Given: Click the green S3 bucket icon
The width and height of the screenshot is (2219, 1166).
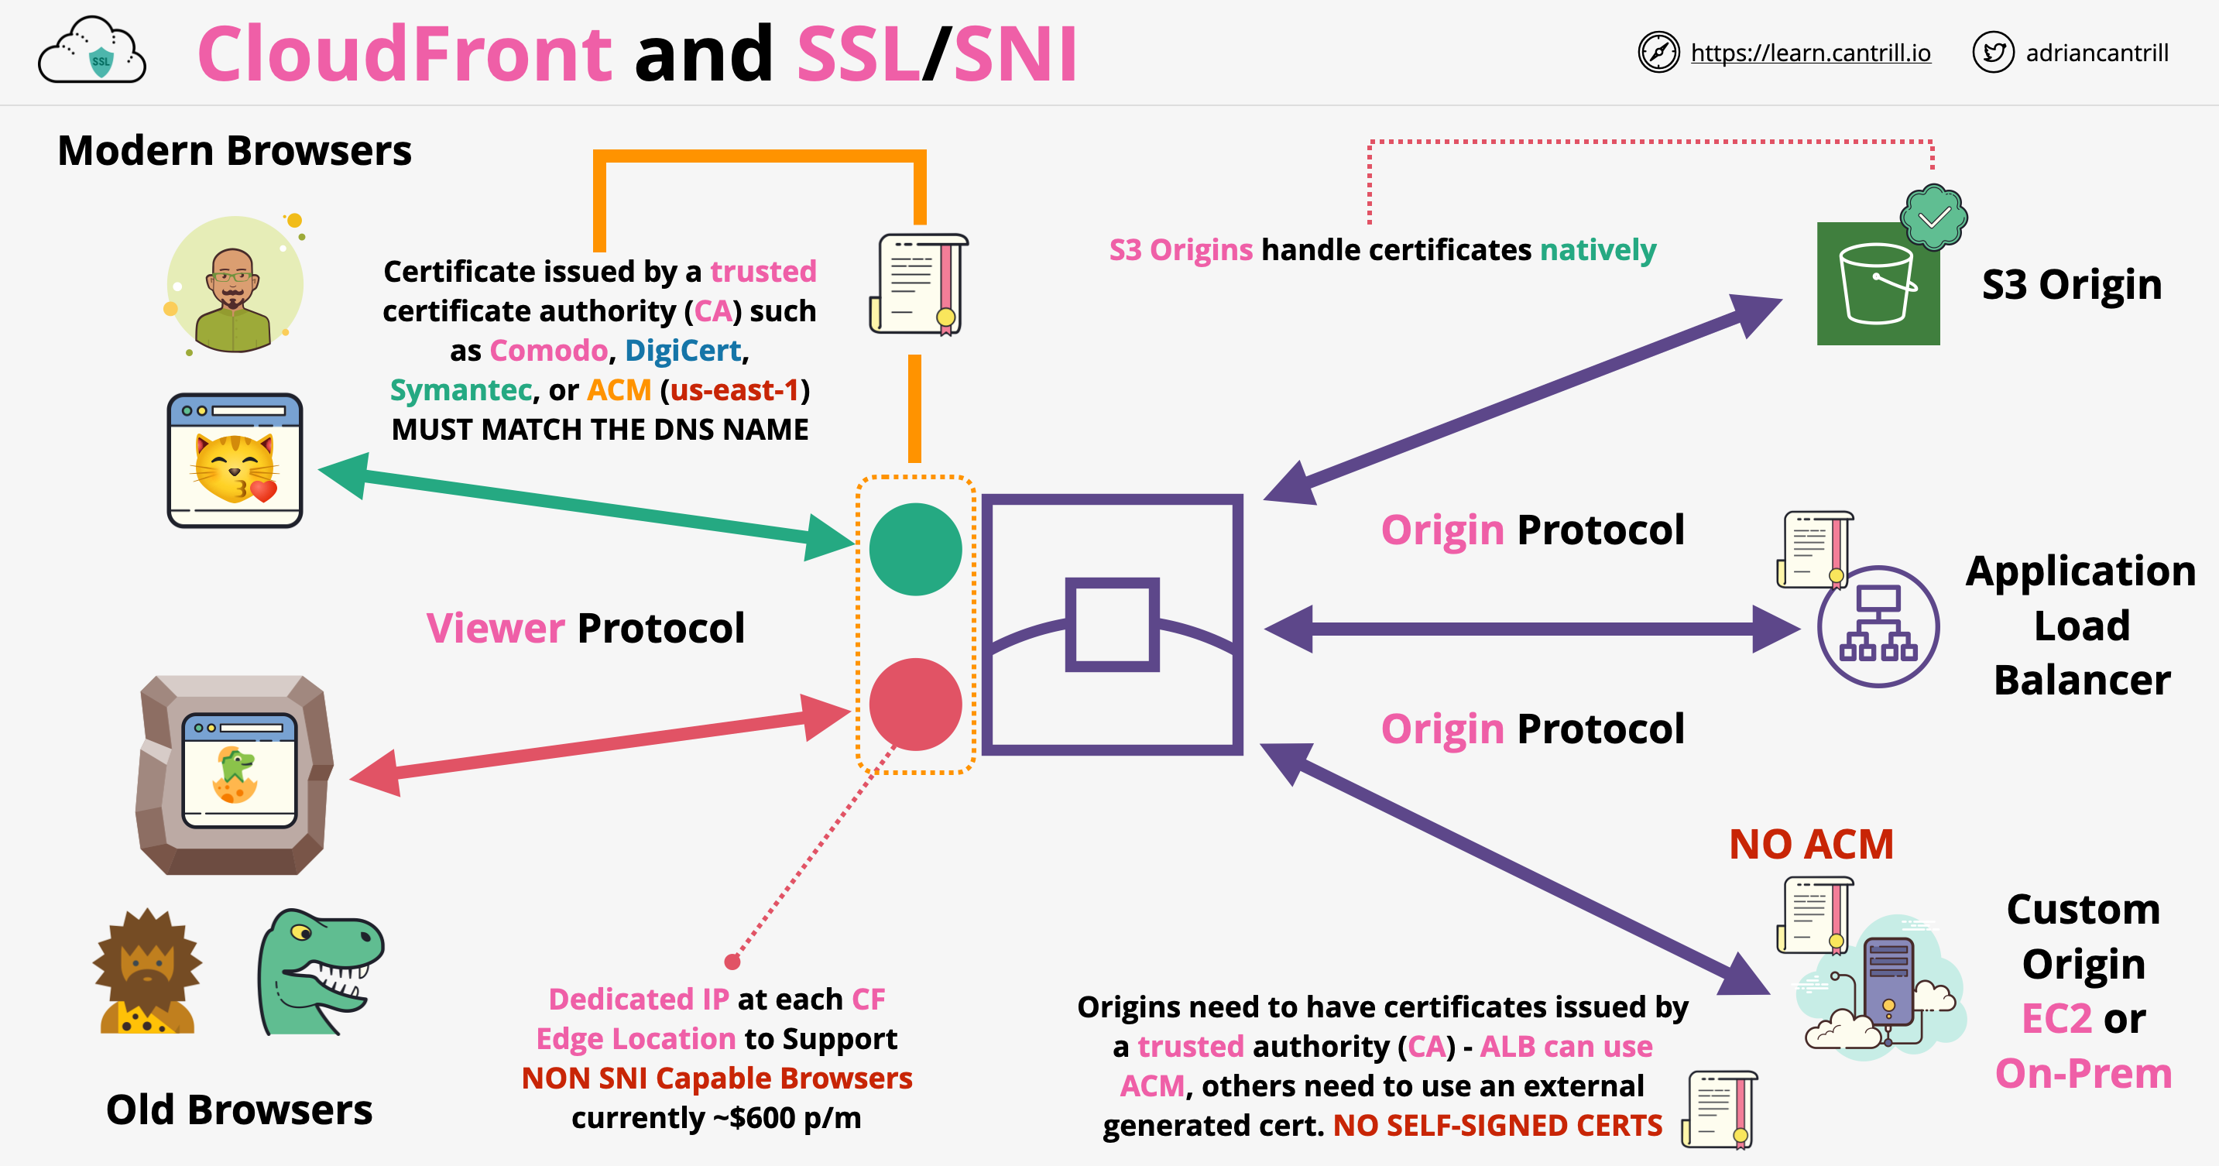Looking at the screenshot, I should (x=1878, y=283).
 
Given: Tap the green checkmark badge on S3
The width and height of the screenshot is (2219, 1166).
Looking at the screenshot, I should (x=1933, y=217).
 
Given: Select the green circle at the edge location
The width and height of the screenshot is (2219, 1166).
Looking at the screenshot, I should (x=915, y=550).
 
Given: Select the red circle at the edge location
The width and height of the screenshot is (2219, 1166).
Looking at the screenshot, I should (x=915, y=705).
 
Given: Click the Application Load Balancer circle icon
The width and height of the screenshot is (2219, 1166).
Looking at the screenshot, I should (x=1878, y=626).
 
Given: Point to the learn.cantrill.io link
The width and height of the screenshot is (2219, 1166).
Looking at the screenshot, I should (x=1810, y=53).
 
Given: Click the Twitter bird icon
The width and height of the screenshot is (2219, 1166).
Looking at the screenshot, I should (x=1992, y=53).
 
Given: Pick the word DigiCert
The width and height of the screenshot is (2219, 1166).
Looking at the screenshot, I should (x=682, y=351).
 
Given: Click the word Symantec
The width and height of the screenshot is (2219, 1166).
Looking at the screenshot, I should (x=461, y=390).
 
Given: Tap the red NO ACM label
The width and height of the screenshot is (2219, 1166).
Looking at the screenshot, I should (x=1811, y=844).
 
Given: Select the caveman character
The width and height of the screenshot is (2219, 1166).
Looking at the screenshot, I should (x=147, y=972).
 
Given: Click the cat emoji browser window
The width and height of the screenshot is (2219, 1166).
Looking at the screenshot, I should (x=235, y=461).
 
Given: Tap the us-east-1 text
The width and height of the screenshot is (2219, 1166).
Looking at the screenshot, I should (x=735, y=390).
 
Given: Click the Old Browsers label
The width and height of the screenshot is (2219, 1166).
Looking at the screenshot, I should (x=239, y=1109).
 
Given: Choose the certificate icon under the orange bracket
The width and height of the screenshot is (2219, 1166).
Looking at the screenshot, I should (x=918, y=284).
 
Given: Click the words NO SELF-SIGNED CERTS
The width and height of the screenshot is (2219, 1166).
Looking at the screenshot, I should (x=1497, y=1126).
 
